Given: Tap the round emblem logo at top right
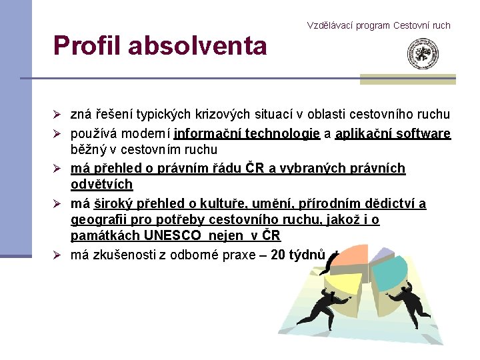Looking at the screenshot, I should [x=423, y=55].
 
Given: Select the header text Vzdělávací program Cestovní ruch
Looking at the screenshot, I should [x=379, y=25].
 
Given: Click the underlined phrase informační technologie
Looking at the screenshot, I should [x=247, y=133].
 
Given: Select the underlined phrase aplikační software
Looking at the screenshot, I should [x=393, y=133].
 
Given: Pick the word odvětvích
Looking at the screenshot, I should [x=102, y=184].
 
